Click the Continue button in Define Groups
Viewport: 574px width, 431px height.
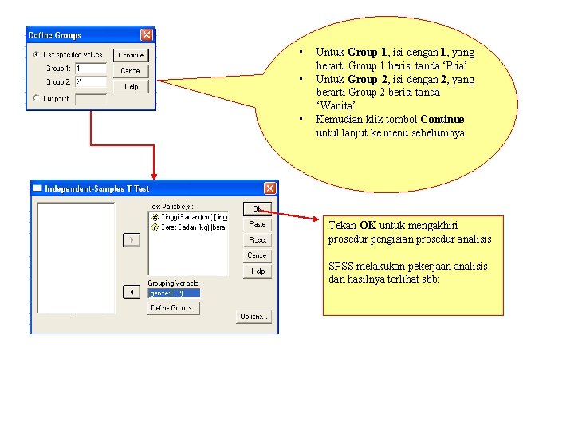131,55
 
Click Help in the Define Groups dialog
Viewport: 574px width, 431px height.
131,86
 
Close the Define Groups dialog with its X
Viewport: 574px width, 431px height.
147,35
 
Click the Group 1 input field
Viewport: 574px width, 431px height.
90,69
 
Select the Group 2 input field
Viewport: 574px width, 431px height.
90,81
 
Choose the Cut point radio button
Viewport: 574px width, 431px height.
36,98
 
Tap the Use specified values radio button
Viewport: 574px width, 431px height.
36,55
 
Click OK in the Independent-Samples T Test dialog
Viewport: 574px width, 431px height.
257,208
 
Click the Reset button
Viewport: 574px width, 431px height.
257,239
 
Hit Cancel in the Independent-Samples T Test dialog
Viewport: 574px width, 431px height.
257,255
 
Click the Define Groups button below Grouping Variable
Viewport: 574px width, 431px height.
173,308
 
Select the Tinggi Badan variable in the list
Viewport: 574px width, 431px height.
189,217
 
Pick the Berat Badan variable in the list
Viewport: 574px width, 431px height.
189,227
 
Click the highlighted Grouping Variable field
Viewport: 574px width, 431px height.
174,292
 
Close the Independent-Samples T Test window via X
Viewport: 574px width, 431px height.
270,188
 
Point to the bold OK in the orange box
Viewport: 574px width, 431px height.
368,226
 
